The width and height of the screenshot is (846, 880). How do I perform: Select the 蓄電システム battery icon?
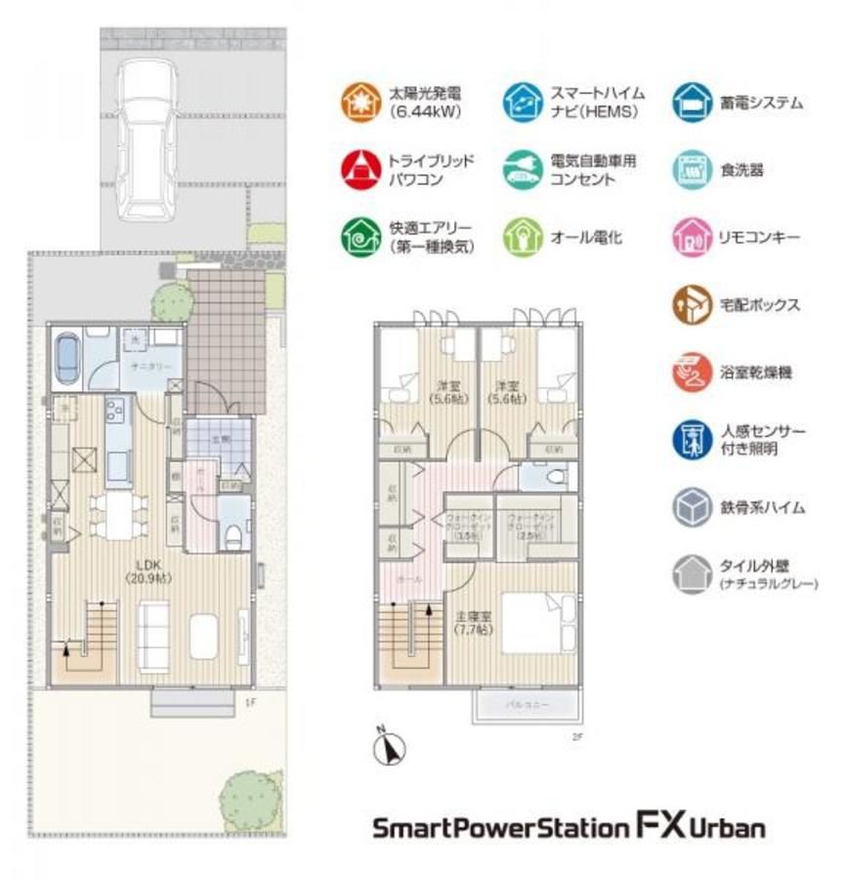click(691, 102)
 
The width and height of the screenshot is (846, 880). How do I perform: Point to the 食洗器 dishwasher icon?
click(691, 169)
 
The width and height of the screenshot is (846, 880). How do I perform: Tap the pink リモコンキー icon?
click(691, 237)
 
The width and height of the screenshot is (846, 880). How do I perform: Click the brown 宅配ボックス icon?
click(691, 305)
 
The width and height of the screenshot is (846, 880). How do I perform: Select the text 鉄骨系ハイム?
click(762, 506)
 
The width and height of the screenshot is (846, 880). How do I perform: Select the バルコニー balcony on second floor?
click(526, 704)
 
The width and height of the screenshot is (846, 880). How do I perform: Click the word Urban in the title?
click(729, 828)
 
